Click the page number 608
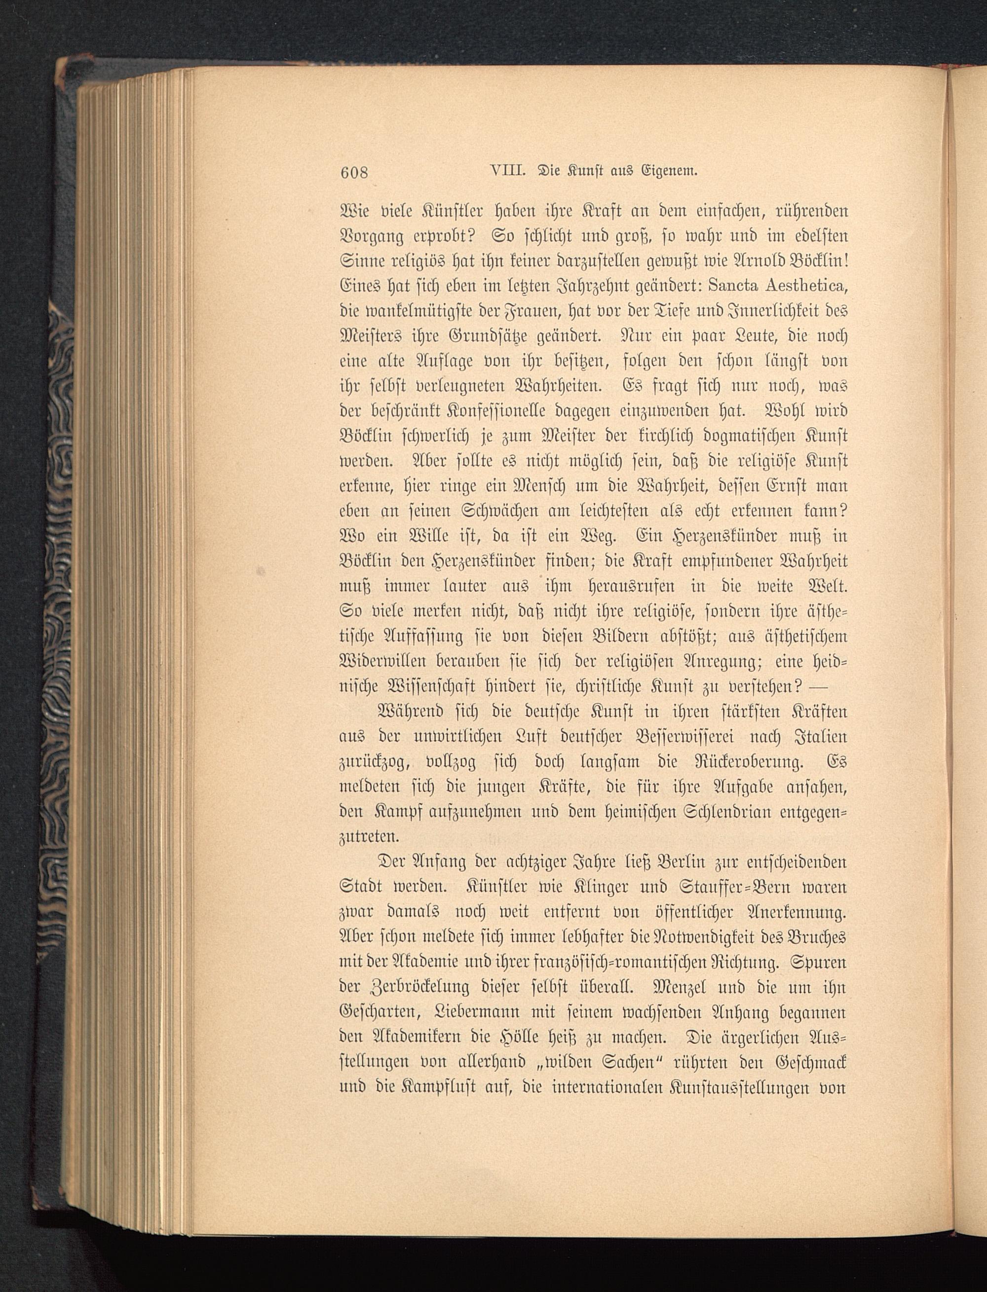click(x=354, y=172)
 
